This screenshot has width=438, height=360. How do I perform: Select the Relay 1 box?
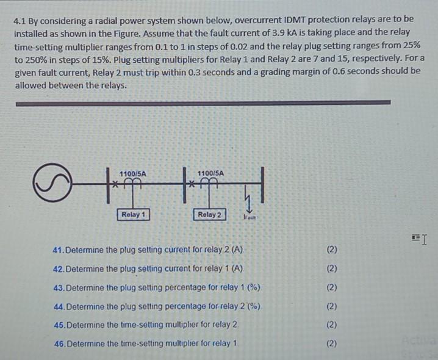pos(133,214)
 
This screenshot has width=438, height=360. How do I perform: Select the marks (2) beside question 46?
pos(331,344)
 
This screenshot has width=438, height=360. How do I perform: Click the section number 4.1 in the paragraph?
pos(21,20)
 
